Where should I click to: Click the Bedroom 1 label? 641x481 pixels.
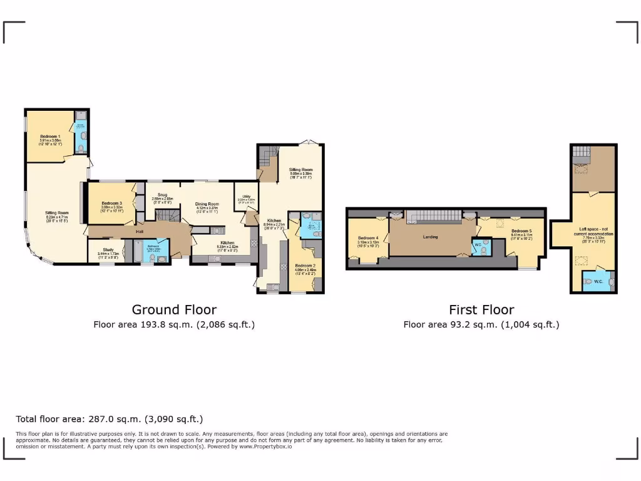[51, 136]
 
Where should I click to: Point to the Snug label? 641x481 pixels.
[162, 195]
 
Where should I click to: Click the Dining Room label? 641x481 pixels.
[207, 204]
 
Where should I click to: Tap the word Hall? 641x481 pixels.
[138, 232]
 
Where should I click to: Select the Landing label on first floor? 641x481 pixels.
[430, 237]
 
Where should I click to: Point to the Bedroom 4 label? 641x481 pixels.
[367, 238]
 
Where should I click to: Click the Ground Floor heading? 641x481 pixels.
[174, 309]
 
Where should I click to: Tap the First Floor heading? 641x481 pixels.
[481, 309]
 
